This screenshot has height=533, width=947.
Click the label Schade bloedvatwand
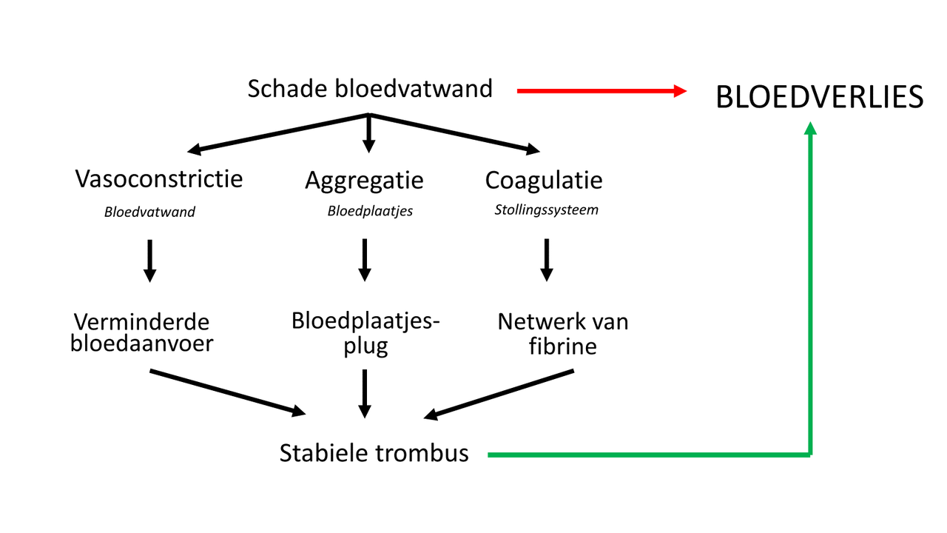(370, 89)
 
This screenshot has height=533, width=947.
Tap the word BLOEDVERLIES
(820, 98)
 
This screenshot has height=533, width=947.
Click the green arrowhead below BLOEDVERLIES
(810, 130)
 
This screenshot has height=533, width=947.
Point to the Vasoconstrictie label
(159, 178)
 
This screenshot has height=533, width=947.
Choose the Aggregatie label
(364, 180)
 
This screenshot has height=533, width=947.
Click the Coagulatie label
(544, 180)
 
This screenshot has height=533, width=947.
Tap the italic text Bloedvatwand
(149, 212)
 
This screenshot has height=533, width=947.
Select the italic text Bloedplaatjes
(370, 211)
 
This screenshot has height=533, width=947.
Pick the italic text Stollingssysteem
(546, 209)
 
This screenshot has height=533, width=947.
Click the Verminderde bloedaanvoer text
(141, 332)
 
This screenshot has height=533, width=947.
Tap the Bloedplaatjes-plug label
(365, 332)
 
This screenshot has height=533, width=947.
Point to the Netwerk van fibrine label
(562, 332)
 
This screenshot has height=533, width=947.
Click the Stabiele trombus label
(374, 453)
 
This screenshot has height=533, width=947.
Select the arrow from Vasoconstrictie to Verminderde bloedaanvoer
(149, 260)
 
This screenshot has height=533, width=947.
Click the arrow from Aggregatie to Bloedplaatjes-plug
(364, 260)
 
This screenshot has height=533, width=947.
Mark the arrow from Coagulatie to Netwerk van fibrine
(546, 260)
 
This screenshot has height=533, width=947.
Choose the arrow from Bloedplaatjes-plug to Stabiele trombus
(364, 393)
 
